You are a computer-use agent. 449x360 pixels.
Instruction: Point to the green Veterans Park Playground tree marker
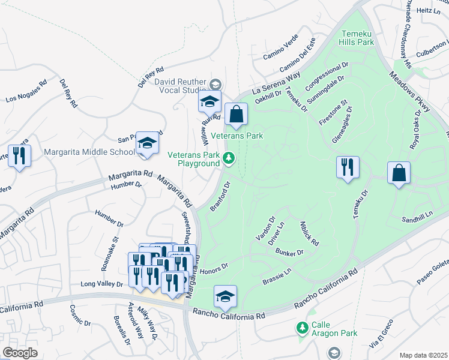(228, 158)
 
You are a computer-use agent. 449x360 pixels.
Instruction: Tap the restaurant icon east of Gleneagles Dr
(348, 167)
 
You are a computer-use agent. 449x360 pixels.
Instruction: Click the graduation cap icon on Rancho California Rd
(225, 296)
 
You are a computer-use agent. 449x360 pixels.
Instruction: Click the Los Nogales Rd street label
(26, 92)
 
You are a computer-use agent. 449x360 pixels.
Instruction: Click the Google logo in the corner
(20, 352)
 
